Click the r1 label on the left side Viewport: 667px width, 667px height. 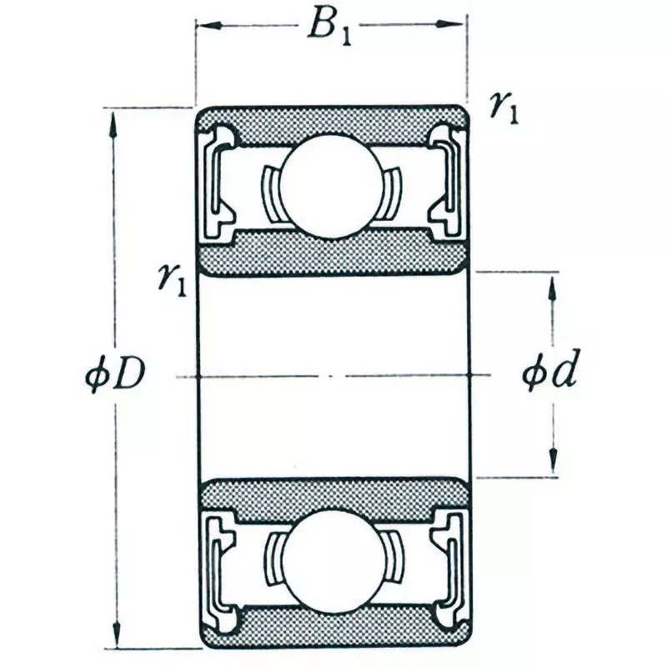coord(171,280)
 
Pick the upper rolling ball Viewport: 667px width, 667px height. coord(331,185)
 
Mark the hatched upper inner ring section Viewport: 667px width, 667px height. coord(331,253)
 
